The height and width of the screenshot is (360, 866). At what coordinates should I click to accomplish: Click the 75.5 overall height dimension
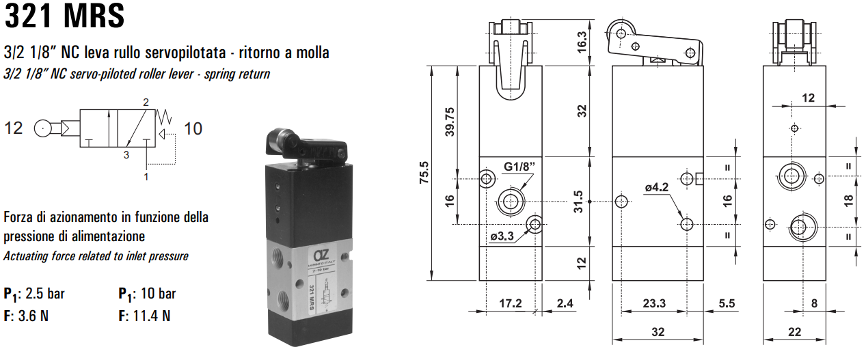pyautogui.click(x=424, y=173)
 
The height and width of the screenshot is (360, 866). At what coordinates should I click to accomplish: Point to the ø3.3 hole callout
pyautogui.click(x=502, y=236)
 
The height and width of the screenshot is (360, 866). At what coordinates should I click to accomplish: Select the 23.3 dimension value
pyautogui.click(x=654, y=303)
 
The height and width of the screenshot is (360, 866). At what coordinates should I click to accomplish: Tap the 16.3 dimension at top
pyautogui.click(x=582, y=42)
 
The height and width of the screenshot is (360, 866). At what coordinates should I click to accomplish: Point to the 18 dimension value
pyautogui.click(x=848, y=201)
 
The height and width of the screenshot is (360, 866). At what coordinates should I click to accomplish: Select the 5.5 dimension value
pyautogui.click(x=725, y=303)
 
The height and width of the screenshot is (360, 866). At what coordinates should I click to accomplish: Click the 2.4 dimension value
pyautogui.click(x=565, y=303)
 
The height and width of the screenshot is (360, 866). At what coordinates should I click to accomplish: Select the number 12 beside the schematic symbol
pyautogui.click(x=14, y=128)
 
